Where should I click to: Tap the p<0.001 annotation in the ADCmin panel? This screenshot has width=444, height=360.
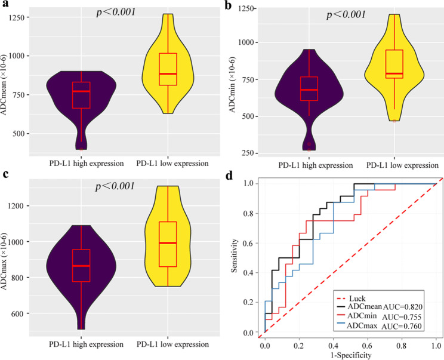tap(346, 14)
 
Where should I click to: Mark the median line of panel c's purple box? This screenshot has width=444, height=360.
tap(81, 266)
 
